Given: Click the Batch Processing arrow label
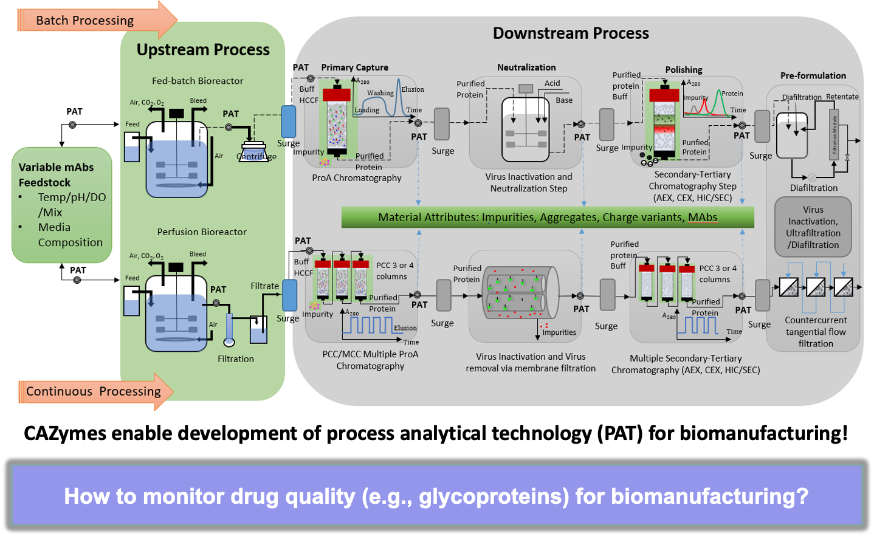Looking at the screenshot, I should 84,21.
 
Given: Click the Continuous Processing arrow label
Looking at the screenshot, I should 93,391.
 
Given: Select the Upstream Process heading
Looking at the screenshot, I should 203,50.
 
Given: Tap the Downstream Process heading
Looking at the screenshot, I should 571,33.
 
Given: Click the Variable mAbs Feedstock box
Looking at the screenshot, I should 61,204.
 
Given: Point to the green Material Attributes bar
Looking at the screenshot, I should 547,218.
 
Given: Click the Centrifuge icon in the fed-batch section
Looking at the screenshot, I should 254,151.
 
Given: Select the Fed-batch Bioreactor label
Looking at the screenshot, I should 198,81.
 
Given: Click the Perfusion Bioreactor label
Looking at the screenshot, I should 202,232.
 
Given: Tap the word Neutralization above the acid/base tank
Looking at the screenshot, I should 526,67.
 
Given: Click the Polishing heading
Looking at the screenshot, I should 684,70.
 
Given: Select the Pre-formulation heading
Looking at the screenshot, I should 813,76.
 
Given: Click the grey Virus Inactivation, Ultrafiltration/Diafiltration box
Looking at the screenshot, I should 813,227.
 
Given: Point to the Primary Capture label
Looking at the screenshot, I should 354,67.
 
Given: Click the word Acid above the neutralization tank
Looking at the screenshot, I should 552,83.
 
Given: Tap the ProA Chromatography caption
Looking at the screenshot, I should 357,178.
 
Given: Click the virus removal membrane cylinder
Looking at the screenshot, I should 520,292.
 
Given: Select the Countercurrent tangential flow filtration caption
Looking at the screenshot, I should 816,332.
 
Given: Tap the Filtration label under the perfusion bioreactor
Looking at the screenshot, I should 236,359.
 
